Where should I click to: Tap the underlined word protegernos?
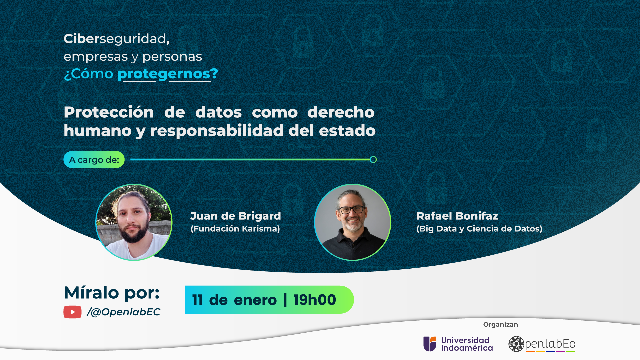point(164,74)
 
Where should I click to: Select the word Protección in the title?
point(109,112)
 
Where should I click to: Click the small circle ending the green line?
point(373,160)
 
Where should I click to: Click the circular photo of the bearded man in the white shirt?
point(134,222)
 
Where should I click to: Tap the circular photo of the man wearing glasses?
point(353,222)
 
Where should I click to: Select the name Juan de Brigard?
point(236,216)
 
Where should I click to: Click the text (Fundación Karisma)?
point(235,229)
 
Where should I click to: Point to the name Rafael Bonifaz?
point(457,216)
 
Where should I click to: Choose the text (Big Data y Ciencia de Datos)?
point(479,229)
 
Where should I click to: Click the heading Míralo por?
point(112,293)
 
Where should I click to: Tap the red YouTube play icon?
point(73,312)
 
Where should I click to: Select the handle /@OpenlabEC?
point(123,312)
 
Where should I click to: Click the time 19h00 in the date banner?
point(315,300)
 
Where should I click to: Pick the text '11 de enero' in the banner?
point(234,300)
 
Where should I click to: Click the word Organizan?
point(501,325)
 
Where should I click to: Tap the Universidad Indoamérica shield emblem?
point(430,344)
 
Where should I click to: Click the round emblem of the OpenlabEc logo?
point(516,344)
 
